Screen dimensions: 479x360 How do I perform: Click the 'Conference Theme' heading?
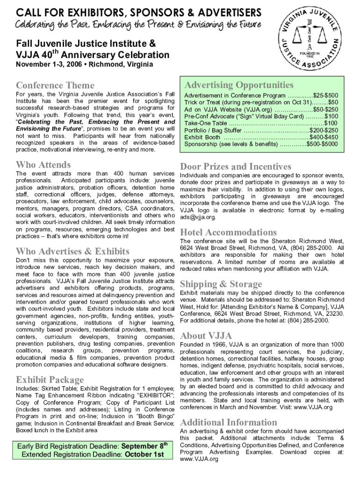click(x=55, y=85)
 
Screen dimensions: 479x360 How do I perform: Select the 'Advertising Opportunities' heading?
click(x=239, y=85)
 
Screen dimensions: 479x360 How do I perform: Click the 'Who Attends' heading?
click(x=43, y=165)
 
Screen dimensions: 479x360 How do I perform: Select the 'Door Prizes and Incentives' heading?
click(x=236, y=167)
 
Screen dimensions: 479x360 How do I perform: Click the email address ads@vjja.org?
click(x=198, y=217)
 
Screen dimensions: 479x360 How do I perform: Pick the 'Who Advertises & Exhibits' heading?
click(x=72, y=251)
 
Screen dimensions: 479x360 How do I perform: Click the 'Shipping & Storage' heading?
click(x=221, y=284)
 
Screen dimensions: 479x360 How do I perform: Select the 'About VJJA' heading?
click(x=206, y=335)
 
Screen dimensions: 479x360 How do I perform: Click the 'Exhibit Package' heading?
click(x=50, y=379)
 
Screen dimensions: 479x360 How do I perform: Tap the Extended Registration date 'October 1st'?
click(x=144, y=454)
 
